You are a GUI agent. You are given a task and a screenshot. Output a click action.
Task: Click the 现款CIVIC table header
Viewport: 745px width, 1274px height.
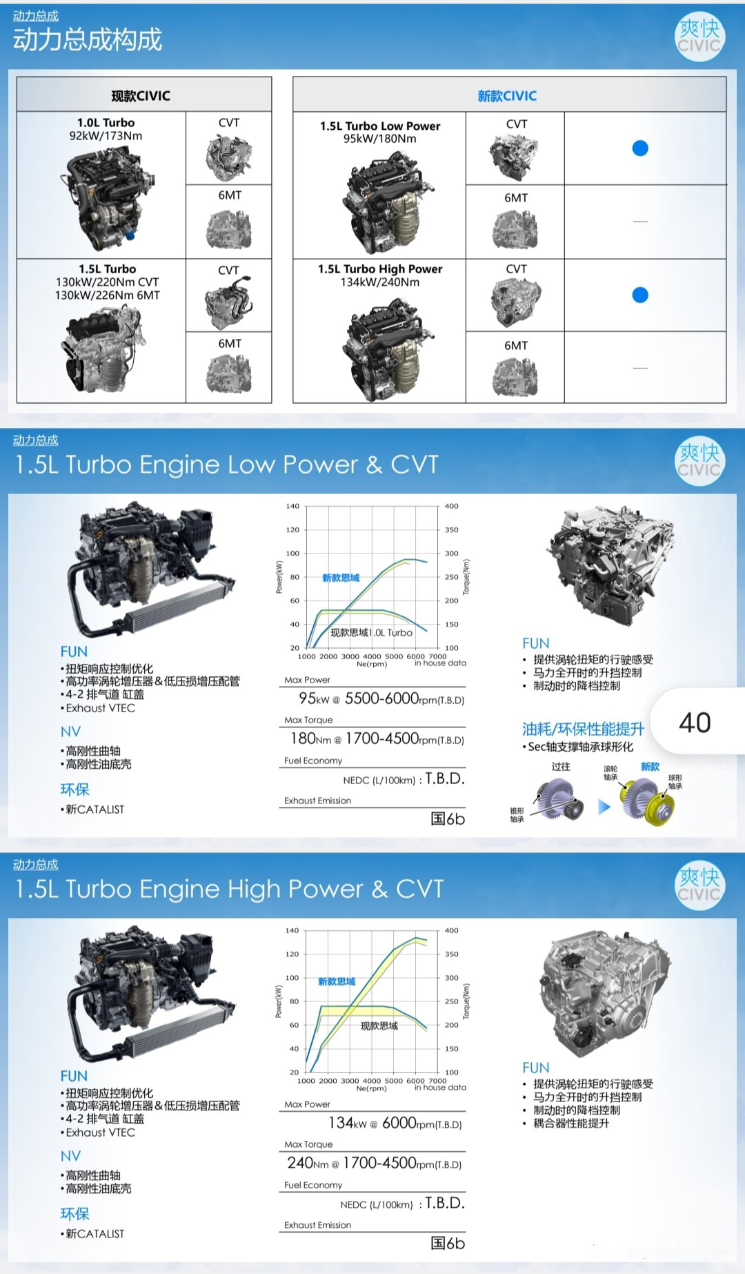141,96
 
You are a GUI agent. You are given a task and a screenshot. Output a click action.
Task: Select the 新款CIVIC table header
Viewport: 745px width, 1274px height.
507,96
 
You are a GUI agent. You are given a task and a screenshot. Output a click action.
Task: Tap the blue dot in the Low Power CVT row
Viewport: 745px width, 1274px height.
640,148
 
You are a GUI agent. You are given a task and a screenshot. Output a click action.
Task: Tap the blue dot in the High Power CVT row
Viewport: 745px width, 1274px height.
640,295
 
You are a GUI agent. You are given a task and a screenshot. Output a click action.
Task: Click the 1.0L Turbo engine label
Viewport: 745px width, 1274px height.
106,123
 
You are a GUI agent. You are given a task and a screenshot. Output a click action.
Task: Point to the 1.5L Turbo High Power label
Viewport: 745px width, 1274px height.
380,269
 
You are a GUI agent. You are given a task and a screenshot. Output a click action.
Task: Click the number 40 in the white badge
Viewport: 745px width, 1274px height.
695,723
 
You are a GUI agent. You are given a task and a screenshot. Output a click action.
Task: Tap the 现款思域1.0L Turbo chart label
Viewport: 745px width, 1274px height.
372,633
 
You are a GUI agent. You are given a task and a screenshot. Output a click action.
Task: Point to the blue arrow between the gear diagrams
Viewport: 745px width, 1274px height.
604,806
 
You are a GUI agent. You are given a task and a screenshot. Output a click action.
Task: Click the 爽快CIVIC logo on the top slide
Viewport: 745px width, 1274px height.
699,37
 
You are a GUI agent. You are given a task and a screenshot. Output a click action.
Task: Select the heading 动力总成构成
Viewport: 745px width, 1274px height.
88,40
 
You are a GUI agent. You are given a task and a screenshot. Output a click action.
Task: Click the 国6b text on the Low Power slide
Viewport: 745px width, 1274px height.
448,819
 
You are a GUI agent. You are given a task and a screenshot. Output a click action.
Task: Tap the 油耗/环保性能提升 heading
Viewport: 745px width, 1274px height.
583,729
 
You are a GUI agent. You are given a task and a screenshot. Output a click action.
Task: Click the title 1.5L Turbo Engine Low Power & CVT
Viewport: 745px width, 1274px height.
227,464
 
